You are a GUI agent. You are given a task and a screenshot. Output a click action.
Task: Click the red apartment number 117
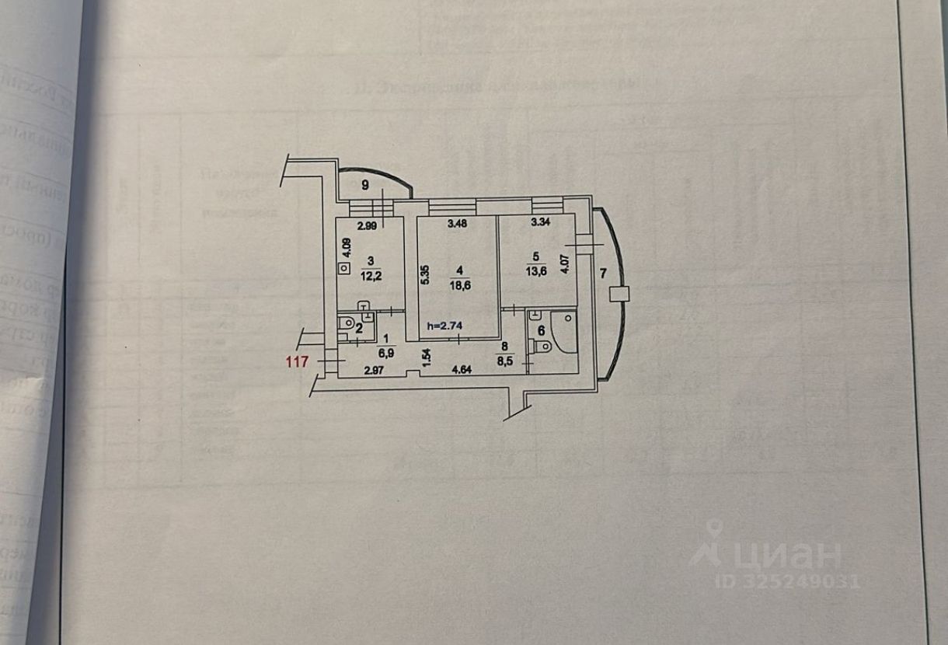coord(298,361)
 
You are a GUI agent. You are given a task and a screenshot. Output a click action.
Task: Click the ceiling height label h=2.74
coord(444,326)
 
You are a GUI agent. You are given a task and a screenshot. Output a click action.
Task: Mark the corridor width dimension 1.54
coord(426,357)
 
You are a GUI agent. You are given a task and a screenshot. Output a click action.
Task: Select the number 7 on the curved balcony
coord(603,274)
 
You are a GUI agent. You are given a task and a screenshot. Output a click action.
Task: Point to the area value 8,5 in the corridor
coord(505,358)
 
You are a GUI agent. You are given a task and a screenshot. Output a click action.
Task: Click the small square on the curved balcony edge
coord(619,294)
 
